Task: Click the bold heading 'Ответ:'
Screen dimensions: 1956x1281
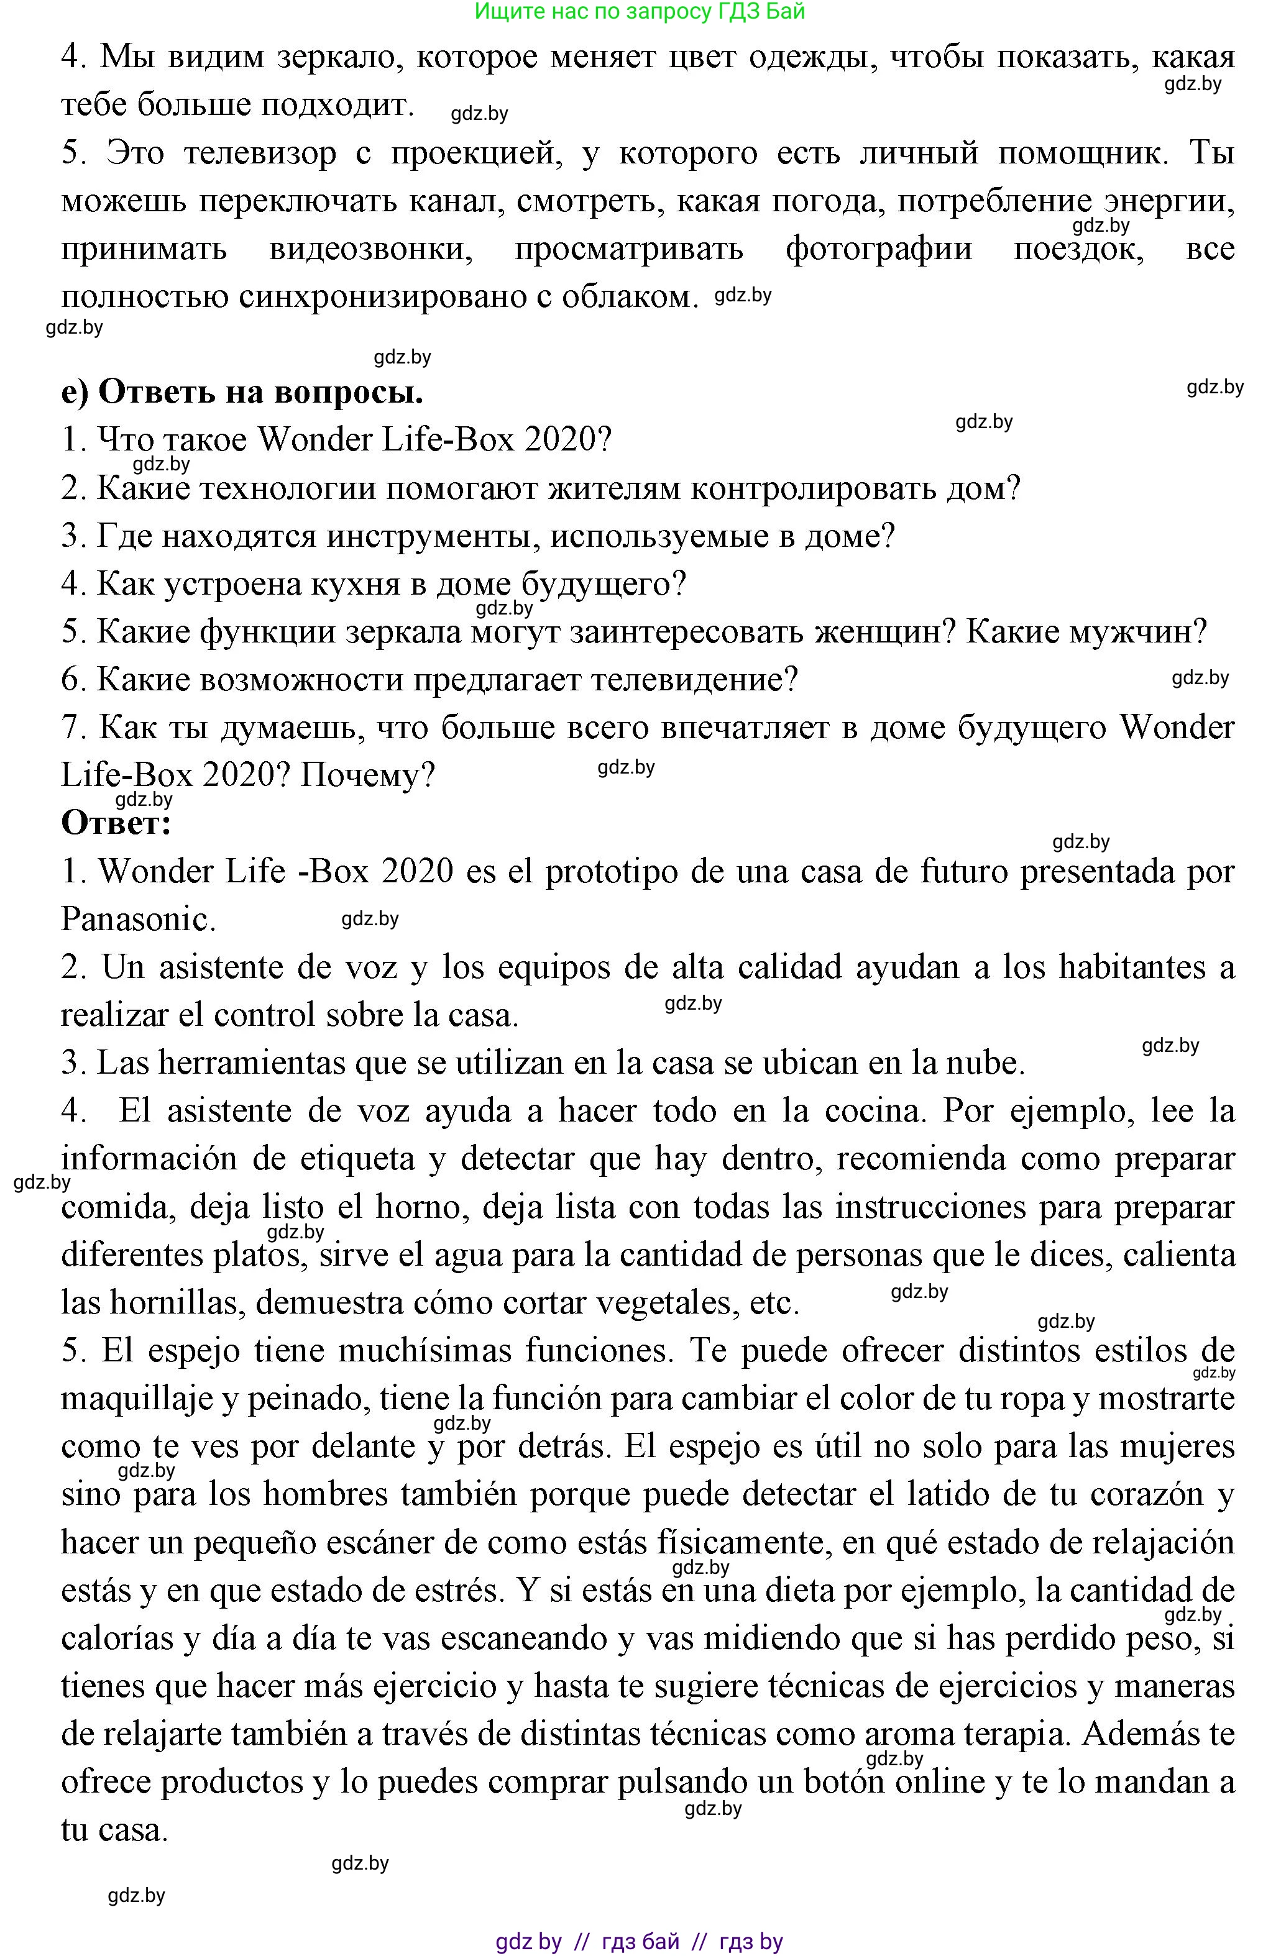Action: pos(116,823)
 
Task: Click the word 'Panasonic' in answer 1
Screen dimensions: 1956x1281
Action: pos(137,920)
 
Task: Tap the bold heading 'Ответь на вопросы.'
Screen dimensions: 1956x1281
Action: pos(242,393)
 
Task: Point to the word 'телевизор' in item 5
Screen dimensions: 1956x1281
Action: pos(260,153)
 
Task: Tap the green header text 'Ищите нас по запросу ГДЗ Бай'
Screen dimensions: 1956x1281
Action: pos(640,12)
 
